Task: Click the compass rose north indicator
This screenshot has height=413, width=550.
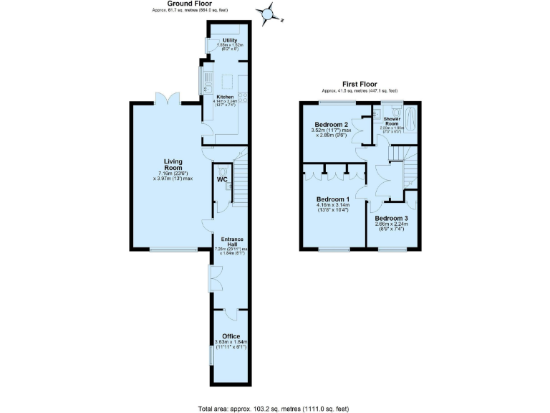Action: tap(268, 13)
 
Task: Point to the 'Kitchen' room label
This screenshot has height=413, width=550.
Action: tap(225, 97)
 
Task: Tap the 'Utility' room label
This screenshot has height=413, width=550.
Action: tap(230, 41)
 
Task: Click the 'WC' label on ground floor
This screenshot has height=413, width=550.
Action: tap(222, 179)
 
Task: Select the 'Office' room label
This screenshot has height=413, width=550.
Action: tap(231, 336)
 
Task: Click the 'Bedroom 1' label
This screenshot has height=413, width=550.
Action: tap(333, 199)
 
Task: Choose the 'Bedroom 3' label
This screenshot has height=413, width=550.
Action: tap(391, 218)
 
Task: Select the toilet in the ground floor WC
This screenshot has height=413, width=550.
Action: tap(223, 171)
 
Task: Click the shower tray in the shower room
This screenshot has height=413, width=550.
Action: tap(410, 121)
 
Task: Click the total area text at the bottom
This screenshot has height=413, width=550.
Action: tap(273, 409)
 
